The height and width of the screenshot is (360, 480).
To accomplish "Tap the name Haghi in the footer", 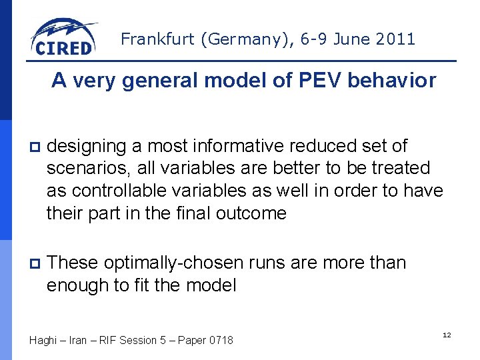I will pyautogui.click(x=43, y=341).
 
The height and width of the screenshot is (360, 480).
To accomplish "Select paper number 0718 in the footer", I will pyautogui.click(x=221, y=341).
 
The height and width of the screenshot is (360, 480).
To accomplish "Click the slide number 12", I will pyautogui.click(x=447, y=335).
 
